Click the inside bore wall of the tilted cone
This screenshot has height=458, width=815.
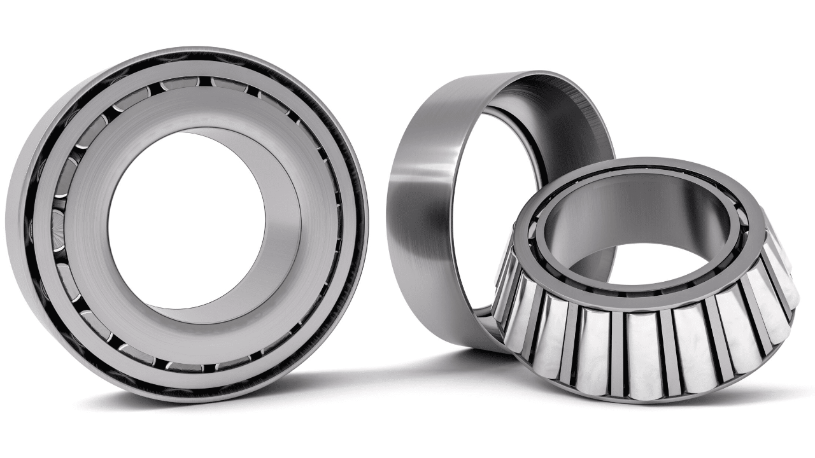click(637, 210)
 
